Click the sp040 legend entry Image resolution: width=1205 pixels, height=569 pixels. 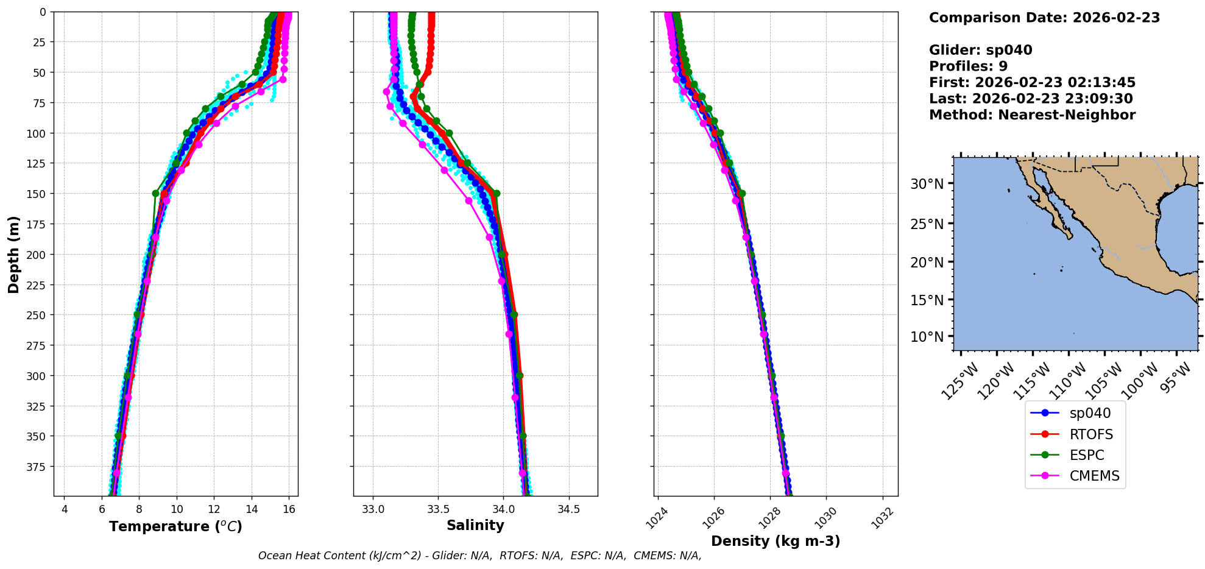point(1089,413)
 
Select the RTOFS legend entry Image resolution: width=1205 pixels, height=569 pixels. point(1090,434)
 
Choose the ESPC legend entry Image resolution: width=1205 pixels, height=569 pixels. point(1086,455)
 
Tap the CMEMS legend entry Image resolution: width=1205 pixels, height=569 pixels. point(1094,476)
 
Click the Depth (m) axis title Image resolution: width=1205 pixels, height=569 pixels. point(13,254)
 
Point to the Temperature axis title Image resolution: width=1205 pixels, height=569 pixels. point(175,526)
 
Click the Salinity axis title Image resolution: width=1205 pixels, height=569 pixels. point(475,525)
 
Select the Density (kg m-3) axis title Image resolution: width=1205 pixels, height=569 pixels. point(776,541)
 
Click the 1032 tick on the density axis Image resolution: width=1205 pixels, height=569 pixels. point(882,518)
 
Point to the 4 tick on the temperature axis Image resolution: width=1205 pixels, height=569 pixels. point(65,509)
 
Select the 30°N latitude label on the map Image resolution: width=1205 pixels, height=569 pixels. point(927,184)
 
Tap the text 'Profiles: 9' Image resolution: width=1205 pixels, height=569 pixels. point(968,66)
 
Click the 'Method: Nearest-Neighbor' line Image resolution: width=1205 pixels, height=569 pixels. point(1032,115)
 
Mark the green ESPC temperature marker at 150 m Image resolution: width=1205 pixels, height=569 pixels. point(155,194)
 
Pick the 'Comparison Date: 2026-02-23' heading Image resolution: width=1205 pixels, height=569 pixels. point(1044,18)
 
